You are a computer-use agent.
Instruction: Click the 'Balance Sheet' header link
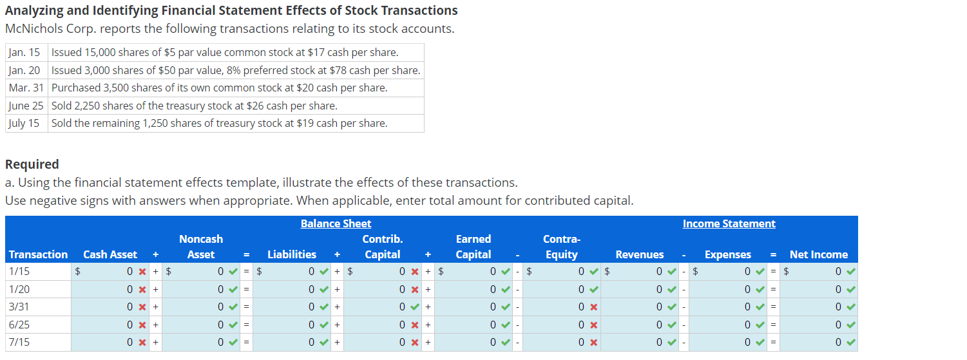tap(336, 223)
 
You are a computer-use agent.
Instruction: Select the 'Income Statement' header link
tap(729, 223)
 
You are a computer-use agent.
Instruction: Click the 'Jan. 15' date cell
tap(25, 52)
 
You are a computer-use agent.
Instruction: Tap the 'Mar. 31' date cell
tap(26, 88)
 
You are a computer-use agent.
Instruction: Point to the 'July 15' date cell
tap(25, 123)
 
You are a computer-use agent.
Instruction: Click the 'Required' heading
tap(32, 164)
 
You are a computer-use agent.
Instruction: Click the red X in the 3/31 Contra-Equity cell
tap(593, 307)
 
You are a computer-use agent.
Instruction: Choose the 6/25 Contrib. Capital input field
tap(383, 325)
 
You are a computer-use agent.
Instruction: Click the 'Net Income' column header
tap(818, 254)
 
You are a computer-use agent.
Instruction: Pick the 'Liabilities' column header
tap(292, 254)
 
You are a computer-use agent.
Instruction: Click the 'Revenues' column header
tap(639, 254)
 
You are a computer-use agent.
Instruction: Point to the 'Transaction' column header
tap(38, 254)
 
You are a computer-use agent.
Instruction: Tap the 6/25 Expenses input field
tap(728, 325)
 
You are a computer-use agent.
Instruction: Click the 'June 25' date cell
tap(26, 106)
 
